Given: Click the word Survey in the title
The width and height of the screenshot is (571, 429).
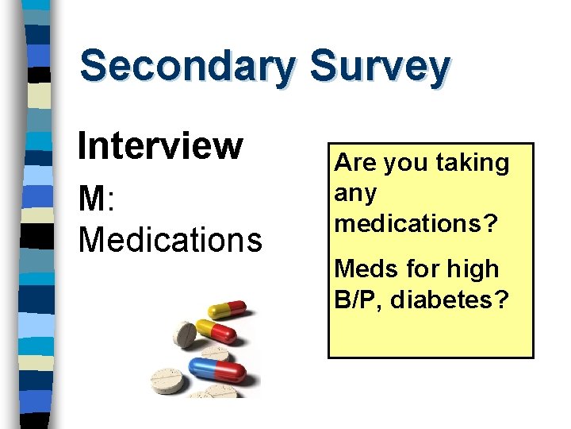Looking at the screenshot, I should (x=380, y=67).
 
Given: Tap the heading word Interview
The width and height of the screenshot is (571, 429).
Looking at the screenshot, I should (x=159, y=145).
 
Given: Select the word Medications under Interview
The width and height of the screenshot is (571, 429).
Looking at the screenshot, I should (x=170, y=238).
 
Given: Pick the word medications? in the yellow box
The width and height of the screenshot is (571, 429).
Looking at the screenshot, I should (x=416, y=223).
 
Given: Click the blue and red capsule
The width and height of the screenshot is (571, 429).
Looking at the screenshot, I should (x=218, y=371).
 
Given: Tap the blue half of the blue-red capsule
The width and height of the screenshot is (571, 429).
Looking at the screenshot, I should (x=203, y=368).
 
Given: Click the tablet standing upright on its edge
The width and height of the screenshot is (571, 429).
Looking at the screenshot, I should (x=186, y=334).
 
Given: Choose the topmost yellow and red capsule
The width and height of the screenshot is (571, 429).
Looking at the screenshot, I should (x=228, y=311).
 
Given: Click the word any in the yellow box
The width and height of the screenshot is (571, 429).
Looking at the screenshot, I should (x=355, y=194).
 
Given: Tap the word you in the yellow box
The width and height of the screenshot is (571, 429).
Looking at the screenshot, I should (x=404, y=164).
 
